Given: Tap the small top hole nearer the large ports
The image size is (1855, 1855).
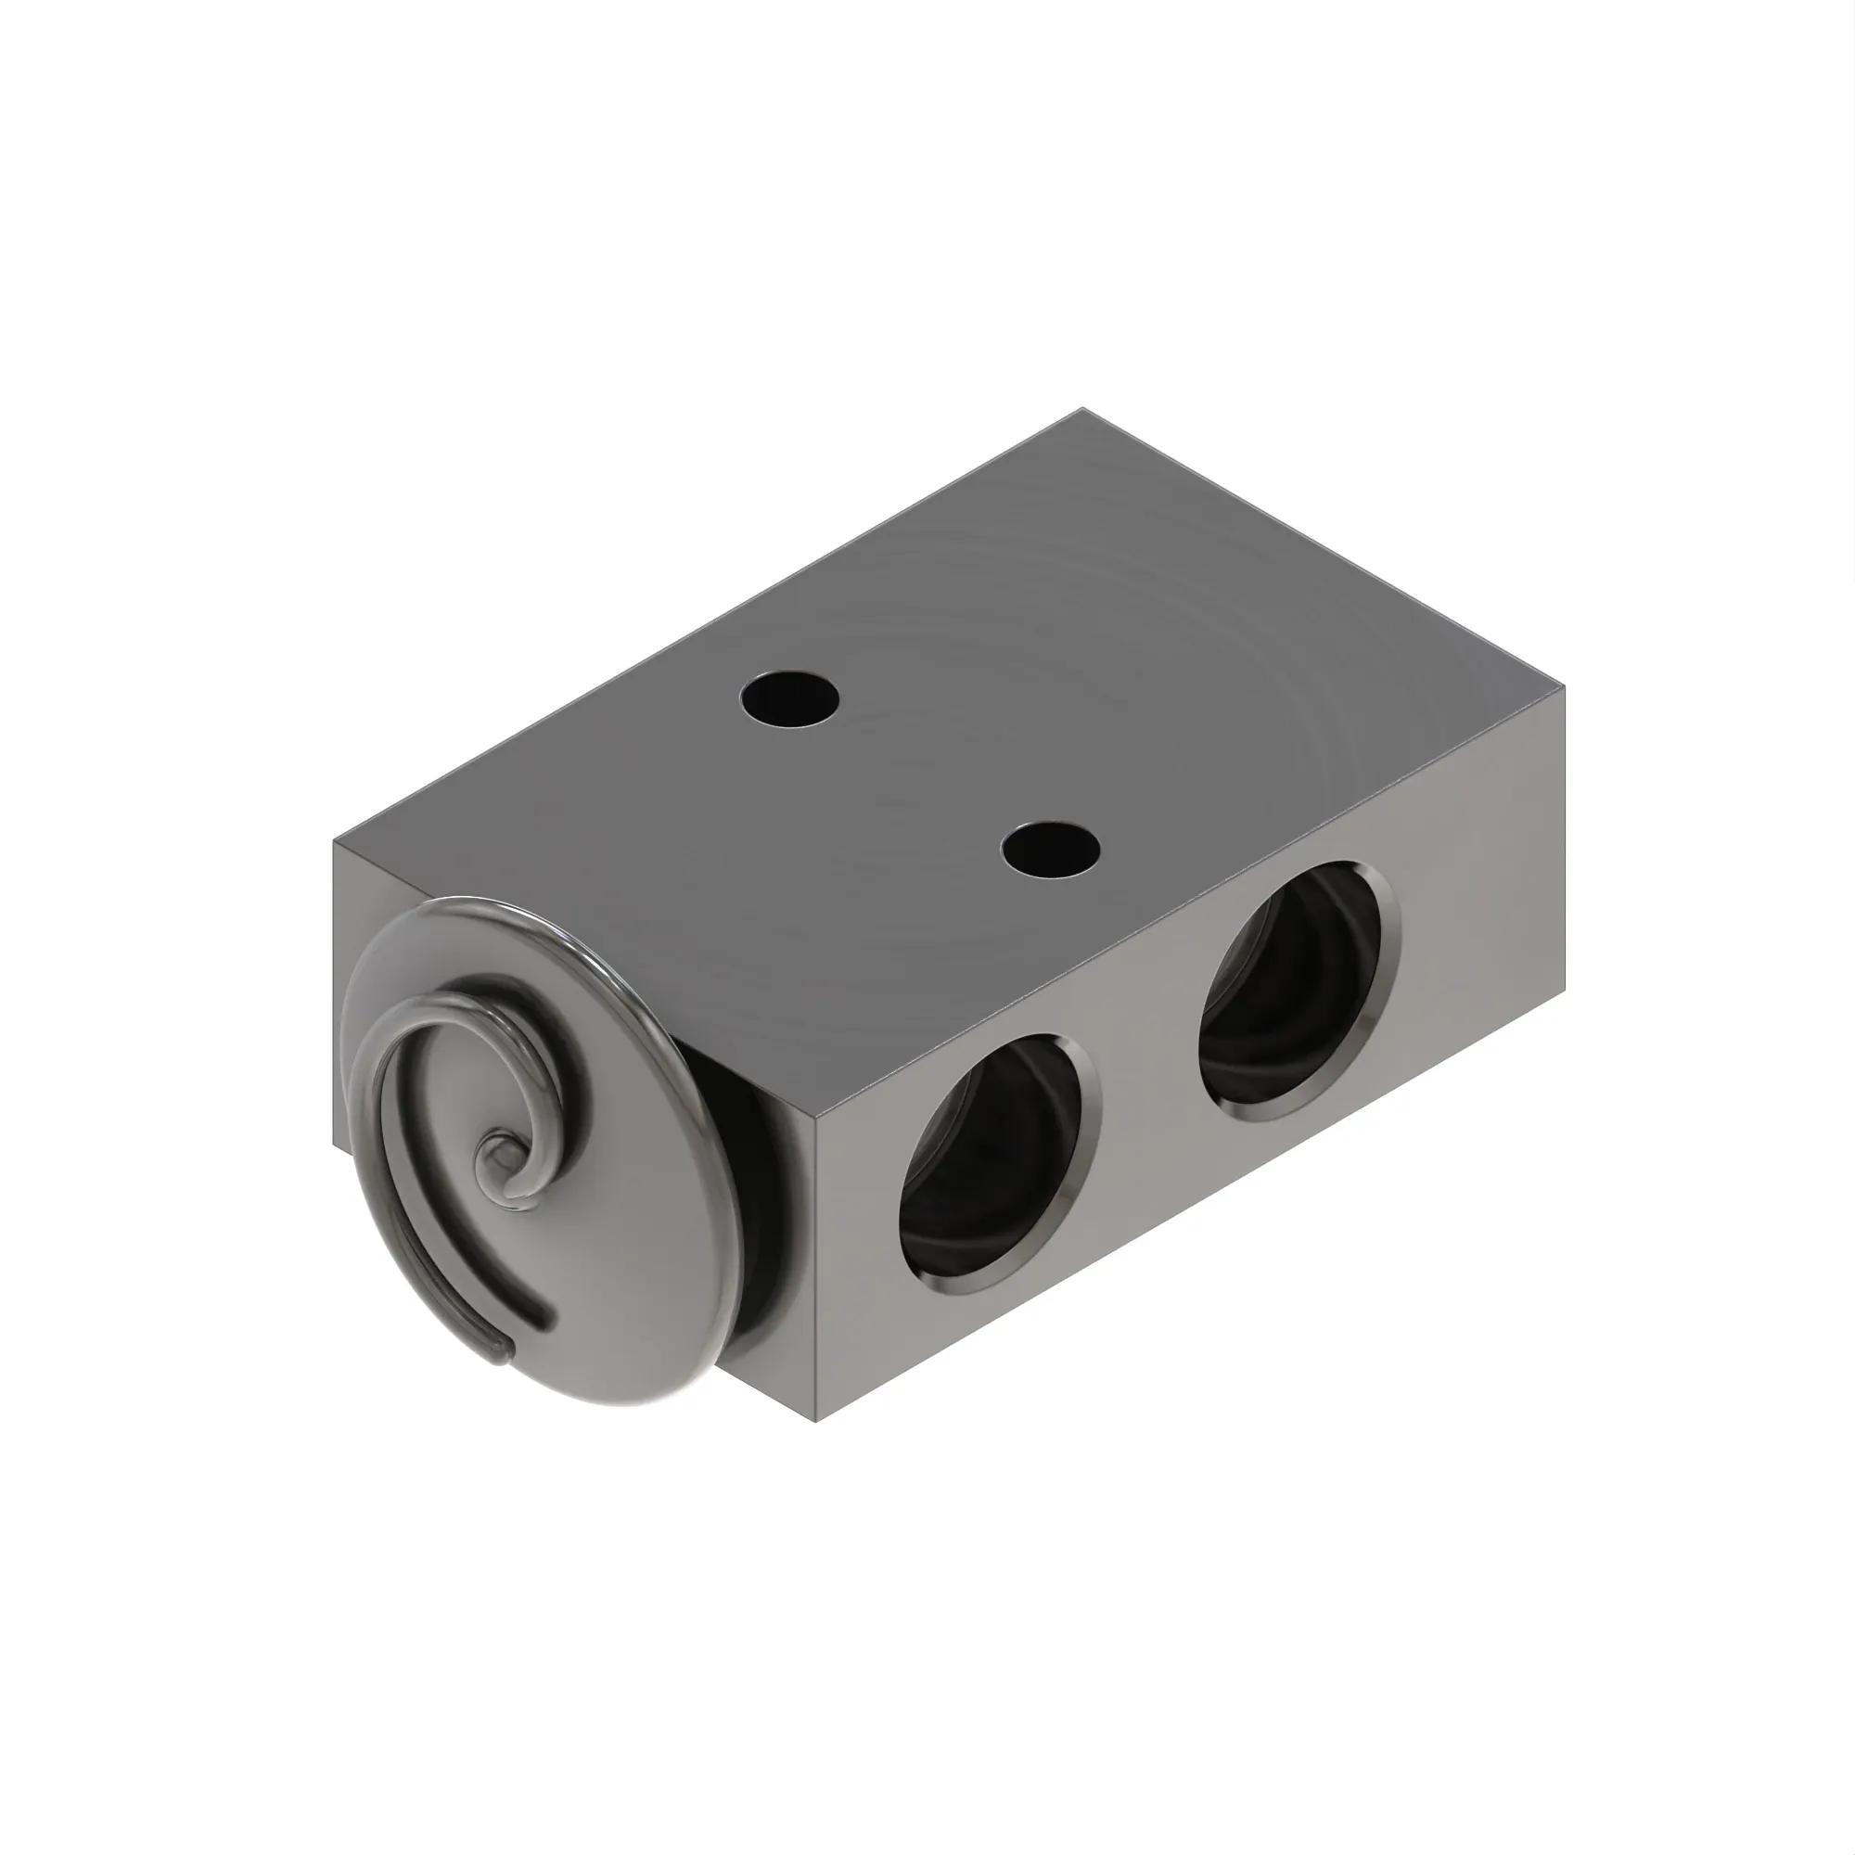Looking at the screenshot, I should pyautogui.click(x=1049, y=849).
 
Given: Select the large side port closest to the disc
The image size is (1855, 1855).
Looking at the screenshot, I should pyautogui.click(x=999, y=1164).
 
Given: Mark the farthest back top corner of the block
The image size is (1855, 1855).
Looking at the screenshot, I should pyautogui.click(x=1083, y=408).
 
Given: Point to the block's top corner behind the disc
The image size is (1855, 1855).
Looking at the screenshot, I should pyautogui.click(x=334, y=843).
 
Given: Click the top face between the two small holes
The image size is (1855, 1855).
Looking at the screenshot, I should pyautogui.click(x=920, y=774).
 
